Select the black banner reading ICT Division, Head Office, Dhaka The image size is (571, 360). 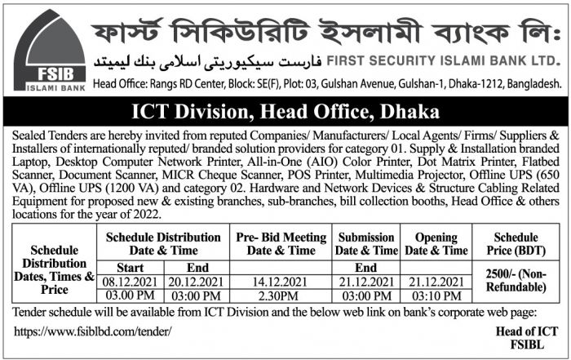point(285,110)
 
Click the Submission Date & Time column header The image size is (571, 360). point(366,243)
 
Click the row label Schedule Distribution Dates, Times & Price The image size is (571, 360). point(56,269)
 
